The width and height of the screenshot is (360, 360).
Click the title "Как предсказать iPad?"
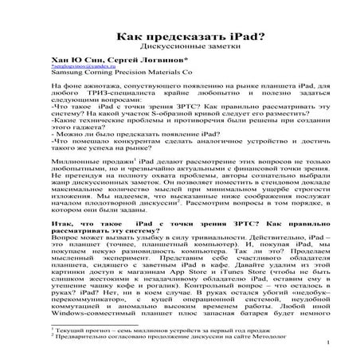click(179, 36)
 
